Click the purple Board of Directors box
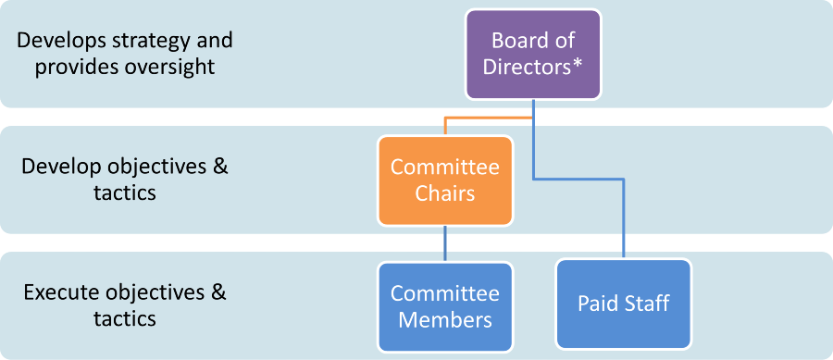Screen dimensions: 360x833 [532, 54]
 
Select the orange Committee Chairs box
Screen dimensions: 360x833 [444, 181]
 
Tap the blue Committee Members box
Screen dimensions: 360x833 [444, 306]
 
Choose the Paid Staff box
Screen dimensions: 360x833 [623, 304]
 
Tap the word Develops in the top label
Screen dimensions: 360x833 [57, 41]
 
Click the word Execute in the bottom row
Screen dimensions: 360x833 [57, 293]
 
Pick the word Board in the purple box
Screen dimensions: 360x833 [516, 41]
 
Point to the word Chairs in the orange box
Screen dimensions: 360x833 [444, 194]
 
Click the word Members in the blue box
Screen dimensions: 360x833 [444, 320]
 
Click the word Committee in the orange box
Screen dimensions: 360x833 [444, 168]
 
